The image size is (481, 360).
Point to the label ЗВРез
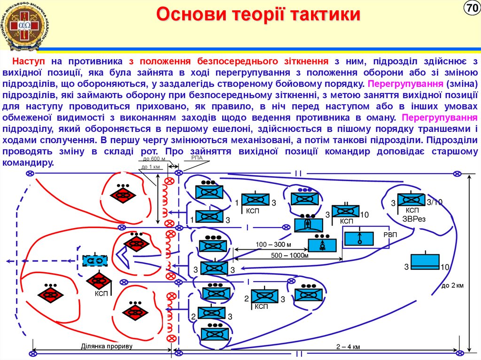tap(413, 219)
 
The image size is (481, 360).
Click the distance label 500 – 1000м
tap(290, 255)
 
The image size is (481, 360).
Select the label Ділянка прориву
tap(107, 346)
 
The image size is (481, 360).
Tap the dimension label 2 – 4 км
tap(348, 347)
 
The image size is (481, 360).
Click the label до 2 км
tap(453, 285)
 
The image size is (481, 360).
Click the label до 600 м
tap(151, 160)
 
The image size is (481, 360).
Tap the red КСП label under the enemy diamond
tap(101, 294)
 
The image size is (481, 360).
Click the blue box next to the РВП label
tap(359, 238)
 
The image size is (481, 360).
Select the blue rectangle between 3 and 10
tap(425, 262)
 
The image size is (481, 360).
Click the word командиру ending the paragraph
tap(29, 162)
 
